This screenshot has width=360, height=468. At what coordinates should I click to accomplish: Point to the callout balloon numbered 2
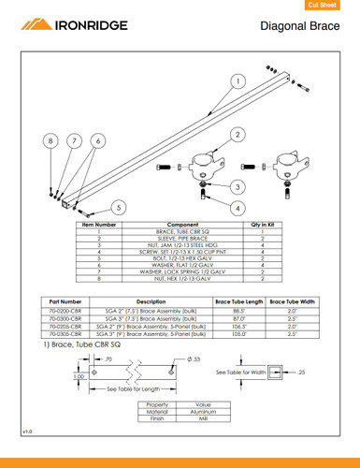(x=238, y=134)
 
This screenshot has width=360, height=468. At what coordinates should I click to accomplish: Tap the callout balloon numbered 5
(x=118, y=206)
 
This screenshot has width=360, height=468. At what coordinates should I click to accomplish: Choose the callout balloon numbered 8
(x=50, y=140)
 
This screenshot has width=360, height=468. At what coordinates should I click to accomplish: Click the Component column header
(x=180, y=226)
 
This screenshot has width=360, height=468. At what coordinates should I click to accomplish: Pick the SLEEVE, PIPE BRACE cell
(x=180, y=239)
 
